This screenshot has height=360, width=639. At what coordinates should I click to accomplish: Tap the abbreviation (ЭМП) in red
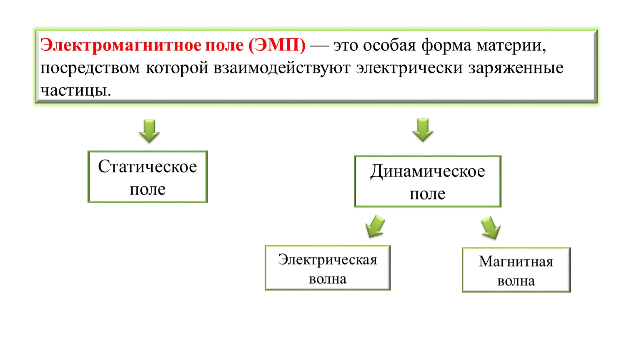click(x=277, y=45)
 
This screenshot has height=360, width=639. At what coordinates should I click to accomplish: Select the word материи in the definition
click(x=511, y=45)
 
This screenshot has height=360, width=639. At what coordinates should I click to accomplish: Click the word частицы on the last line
click(x=75, y=90)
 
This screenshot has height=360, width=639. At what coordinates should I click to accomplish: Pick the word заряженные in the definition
click(x=516, y=68)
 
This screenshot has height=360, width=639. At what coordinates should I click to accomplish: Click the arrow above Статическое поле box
click(x=149, y=131)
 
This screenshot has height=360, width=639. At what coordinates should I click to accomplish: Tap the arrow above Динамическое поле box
click(x=423, y=130)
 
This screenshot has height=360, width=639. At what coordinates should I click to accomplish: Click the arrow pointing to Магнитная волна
click(x=491, y=227)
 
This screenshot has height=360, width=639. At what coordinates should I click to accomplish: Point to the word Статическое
click(x=148, y=166)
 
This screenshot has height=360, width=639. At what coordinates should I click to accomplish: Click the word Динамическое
click(x=428, y=171)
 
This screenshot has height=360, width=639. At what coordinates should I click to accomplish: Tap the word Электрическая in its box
click(x=328, y=260)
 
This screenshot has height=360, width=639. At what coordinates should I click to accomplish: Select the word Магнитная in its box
click(x=516, y=262)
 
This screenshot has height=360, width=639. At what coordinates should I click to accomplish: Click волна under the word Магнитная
click(x=516, y=281)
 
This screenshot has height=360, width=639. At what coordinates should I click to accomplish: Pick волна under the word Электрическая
click(x=328, y=279)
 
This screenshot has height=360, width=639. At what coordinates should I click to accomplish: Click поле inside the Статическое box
click(x=148, y=189)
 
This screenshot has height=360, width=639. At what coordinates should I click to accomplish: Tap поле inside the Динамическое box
click(x=428, y=194)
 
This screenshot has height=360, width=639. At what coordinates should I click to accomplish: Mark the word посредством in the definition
click(x=90, y=68)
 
